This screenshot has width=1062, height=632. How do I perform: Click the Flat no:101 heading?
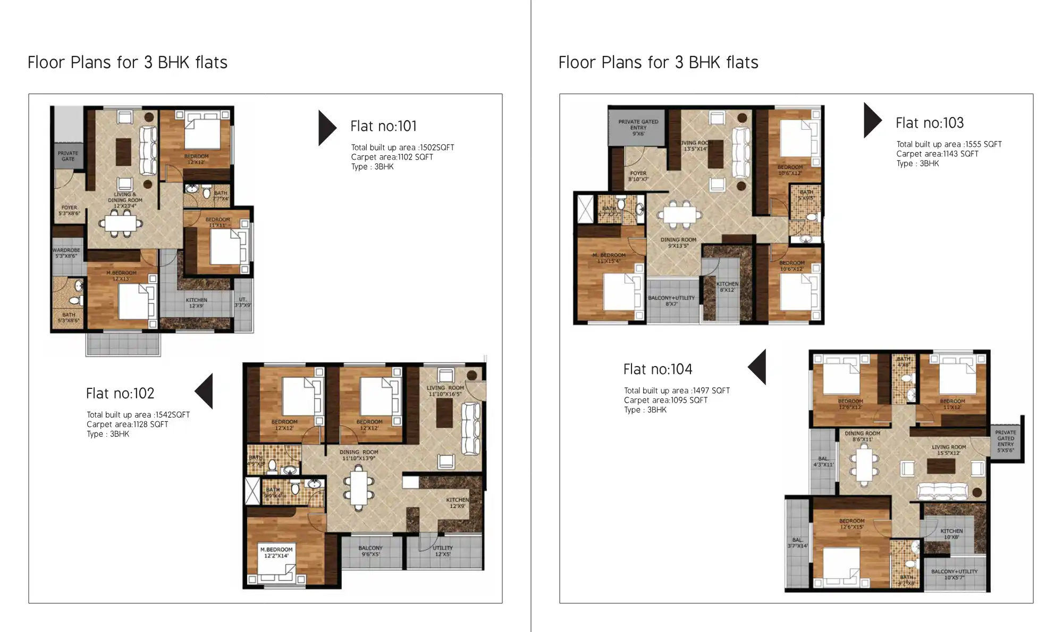[383, 126]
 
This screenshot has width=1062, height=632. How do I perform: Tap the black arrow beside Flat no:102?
[205, 391]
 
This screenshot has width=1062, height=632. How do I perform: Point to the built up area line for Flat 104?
[676, 390]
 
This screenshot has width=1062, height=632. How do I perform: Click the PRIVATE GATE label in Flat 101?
[68, 156]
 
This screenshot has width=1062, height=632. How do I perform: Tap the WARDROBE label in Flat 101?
[66, 253]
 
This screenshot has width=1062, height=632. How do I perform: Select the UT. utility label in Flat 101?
[242, 302]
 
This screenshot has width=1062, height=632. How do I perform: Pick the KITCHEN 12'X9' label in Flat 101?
[196, 303]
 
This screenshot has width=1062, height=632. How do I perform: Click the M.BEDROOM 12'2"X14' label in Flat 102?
[276, 552]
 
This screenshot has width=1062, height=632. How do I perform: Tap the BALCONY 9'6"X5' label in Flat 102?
[370, 551]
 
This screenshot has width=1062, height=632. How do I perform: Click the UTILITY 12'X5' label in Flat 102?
[442, 551]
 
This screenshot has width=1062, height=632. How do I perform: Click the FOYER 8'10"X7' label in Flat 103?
[638, 176]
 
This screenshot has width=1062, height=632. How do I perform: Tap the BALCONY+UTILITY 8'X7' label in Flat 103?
[671, 301]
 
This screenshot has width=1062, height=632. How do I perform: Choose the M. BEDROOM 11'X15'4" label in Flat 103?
[609, 258]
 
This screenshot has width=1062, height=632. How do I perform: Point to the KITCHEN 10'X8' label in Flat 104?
[951, 534]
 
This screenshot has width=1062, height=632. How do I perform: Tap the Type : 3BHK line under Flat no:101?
[372, 167]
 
